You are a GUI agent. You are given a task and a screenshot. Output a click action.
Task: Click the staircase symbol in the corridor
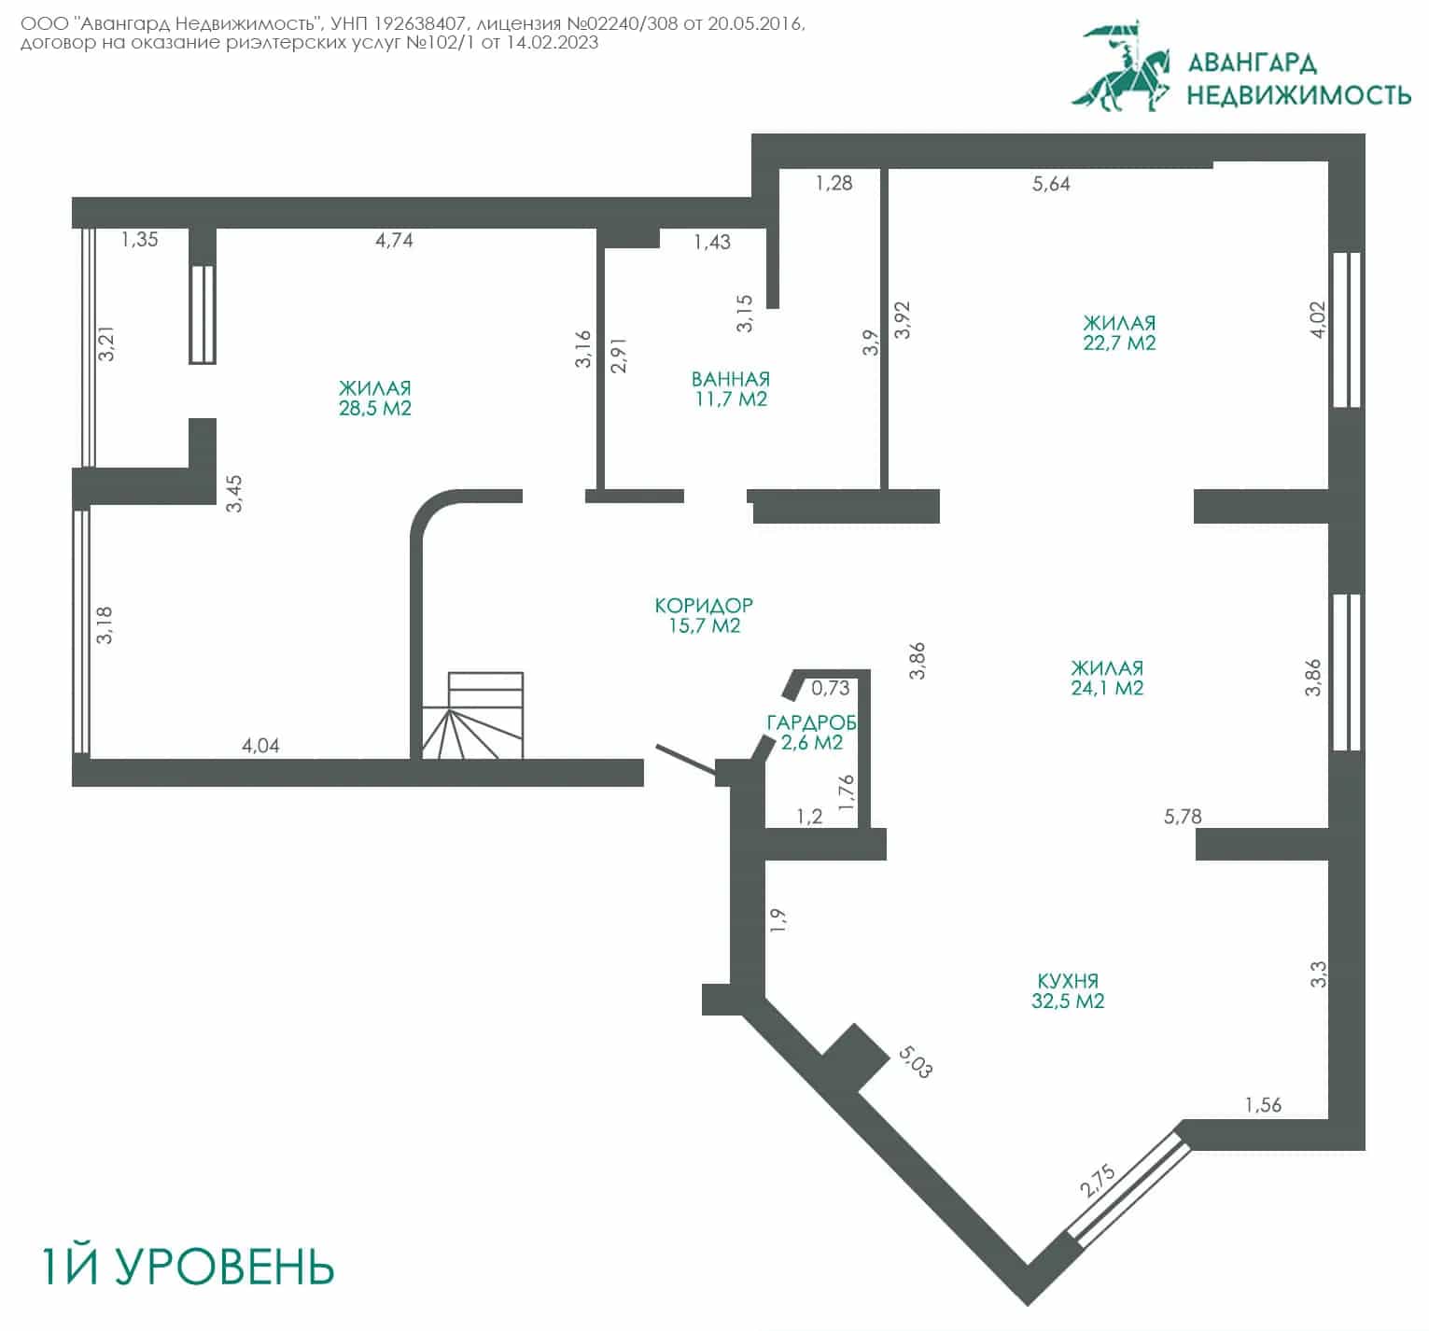[x=473, y=715]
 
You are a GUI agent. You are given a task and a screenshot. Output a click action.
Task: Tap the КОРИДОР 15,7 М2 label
[x=705, y=616]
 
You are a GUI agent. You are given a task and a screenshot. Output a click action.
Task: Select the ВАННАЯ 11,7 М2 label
[x=731, y=389]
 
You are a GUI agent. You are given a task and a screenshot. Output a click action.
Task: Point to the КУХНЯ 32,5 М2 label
[x=1068, y=991]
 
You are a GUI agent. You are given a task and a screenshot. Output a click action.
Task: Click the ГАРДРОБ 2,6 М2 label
[x=811, y=733]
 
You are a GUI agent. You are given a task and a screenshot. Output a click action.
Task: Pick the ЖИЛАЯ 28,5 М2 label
[x=375, y=399]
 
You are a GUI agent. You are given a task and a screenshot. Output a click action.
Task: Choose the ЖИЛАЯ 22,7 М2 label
[x=1120, y=333]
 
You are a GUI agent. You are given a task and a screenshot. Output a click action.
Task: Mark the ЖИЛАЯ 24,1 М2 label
[x=1107, y=679]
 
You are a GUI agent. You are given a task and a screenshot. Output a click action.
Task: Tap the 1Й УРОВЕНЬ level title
[x=188, y=1266]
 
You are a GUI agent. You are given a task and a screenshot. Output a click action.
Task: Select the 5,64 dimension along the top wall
[x=1051, y=184]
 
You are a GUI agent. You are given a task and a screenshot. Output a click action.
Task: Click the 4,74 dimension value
[x=394, y=240]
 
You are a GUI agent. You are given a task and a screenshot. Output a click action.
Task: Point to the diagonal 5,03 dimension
[x=915, y=1061]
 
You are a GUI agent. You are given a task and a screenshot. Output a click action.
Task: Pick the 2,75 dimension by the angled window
[x=1099, y=1180]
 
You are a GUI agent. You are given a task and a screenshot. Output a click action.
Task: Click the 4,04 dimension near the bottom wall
[x=260, y=746]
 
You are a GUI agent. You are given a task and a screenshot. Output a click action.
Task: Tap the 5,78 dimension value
[x=1183, y=817]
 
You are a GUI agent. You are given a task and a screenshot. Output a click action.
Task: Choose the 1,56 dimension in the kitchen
[x=1264, y=1105]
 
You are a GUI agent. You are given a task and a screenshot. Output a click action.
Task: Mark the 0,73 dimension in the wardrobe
[x=831, y=689]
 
